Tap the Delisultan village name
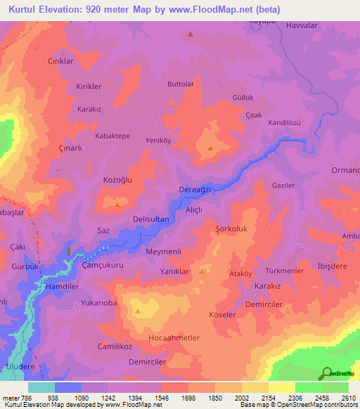click(150, 219)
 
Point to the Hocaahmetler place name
click(174, 338)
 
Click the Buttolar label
click(180, 84)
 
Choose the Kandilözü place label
click(284, 122)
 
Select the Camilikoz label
click(115, 347)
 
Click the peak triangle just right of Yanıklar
click(202, 271)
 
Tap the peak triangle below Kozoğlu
click(117, 204)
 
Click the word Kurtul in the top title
click(27, 10)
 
